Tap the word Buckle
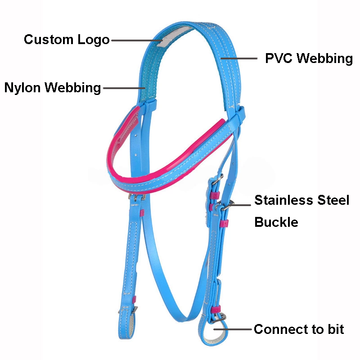tap(276, 222)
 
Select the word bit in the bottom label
tap(335, 329)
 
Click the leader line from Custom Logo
tap(135, 40)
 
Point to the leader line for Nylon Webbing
tap(123, 88)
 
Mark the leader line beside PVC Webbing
tap(238, 58)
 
